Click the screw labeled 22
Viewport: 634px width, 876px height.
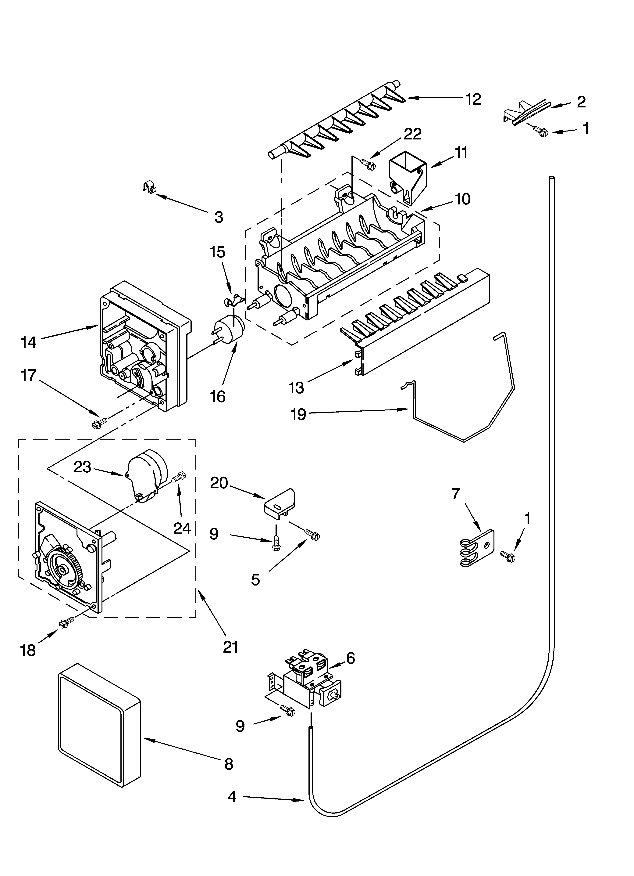[368, 164]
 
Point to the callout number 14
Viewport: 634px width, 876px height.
[29, 342]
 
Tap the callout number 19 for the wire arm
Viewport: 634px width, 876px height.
[298, 414]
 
